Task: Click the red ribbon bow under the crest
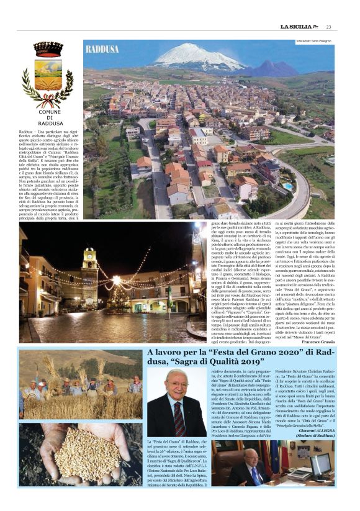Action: pyautogui.click(x=48, y=99)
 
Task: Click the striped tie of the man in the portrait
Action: pyautogui.click(x=179, y=427)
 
